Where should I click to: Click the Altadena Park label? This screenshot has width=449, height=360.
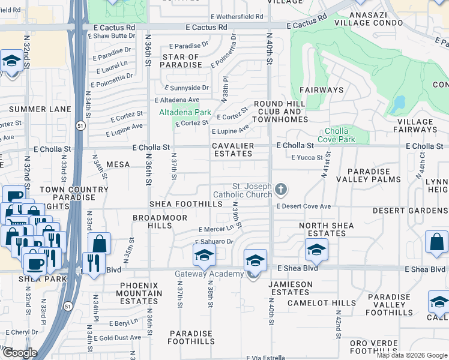[x=184, y=112]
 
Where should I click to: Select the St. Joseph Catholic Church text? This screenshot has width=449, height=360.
[x=244, y=190]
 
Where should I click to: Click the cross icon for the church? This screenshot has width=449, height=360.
[x=280, y=190]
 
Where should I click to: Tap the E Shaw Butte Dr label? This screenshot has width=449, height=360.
[x=117, y=36]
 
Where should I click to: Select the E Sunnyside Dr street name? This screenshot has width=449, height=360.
[x=184, y=88]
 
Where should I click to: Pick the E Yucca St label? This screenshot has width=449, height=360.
[x=307, y=158]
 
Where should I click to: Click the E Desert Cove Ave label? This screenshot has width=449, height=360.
[x=304, y=206]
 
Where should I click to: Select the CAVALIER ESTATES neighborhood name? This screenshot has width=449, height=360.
[x=232, y=149]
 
